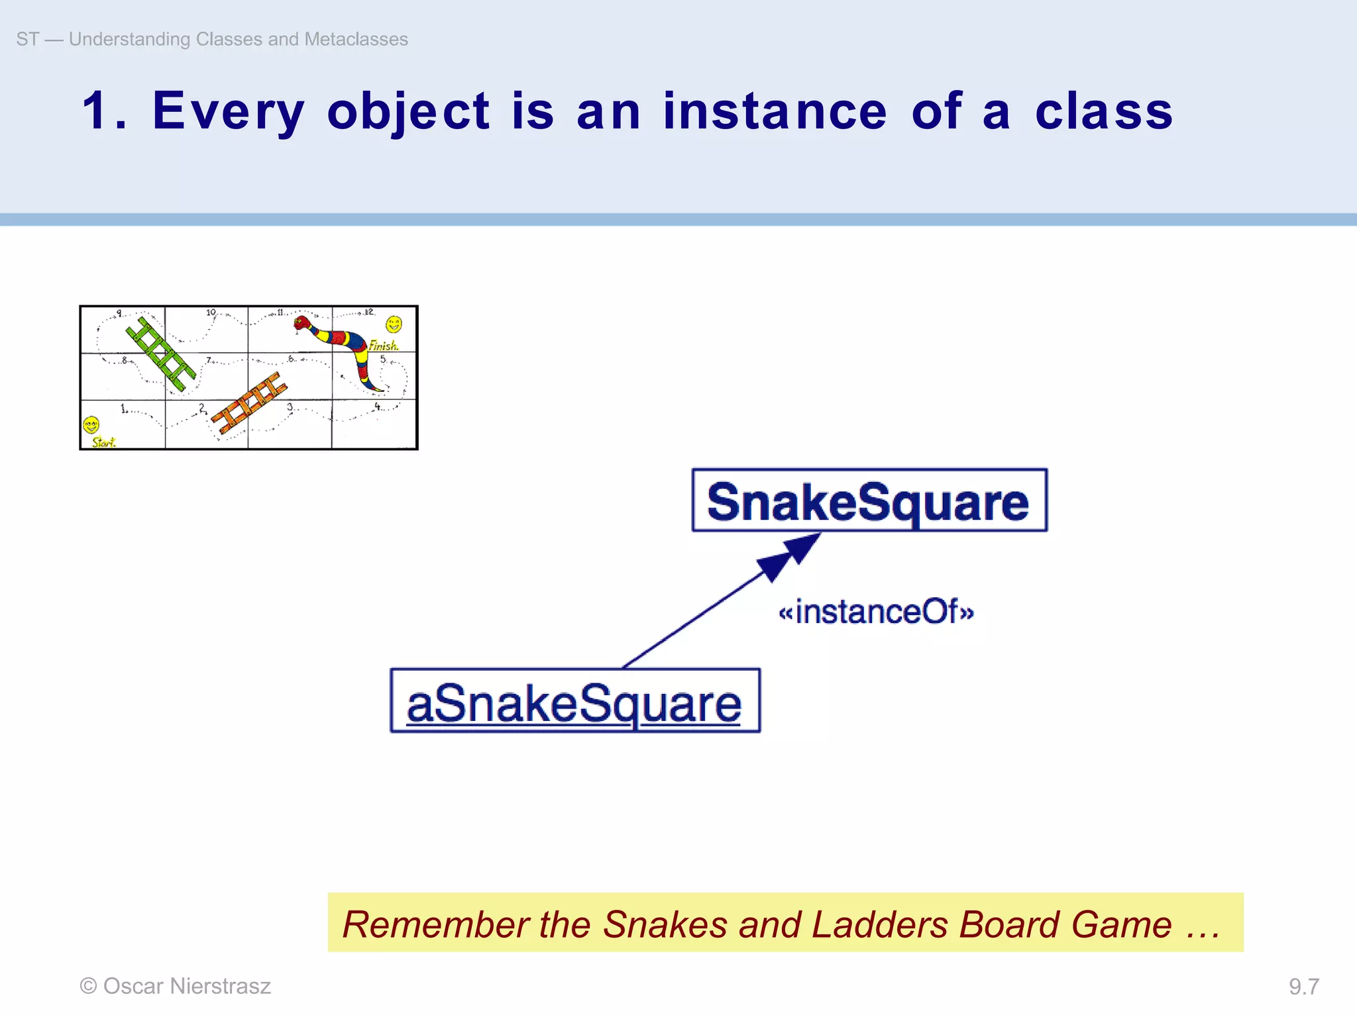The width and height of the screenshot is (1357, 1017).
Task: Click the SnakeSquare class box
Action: point(869,501)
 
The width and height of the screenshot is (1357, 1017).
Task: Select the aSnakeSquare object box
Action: point(574,701)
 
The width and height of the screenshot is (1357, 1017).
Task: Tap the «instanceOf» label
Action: point(876,611)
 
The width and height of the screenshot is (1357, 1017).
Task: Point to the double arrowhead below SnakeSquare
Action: point(789,556)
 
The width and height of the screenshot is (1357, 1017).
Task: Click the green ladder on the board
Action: point(161,354)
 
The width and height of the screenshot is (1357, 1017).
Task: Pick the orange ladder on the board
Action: point(248,403)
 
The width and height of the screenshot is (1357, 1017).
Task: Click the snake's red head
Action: point(303,323)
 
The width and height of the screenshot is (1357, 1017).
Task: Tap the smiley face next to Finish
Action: point(394,324)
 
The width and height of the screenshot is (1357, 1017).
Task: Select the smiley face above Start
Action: point(91,424)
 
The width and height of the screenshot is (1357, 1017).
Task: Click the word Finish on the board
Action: point(383,346)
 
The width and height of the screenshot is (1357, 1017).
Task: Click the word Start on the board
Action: point(103,442)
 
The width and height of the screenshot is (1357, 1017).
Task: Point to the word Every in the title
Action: point(229,111)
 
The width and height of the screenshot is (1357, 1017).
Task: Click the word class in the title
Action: point(1104,111)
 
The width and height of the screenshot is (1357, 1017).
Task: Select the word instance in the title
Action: point(775,111)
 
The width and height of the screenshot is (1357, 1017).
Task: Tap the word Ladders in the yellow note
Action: point(879,924)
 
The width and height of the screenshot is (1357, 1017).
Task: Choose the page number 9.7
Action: point(1303,987)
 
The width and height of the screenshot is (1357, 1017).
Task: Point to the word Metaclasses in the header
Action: point(356,39)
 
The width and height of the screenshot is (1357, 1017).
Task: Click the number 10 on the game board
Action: point(211,312)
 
